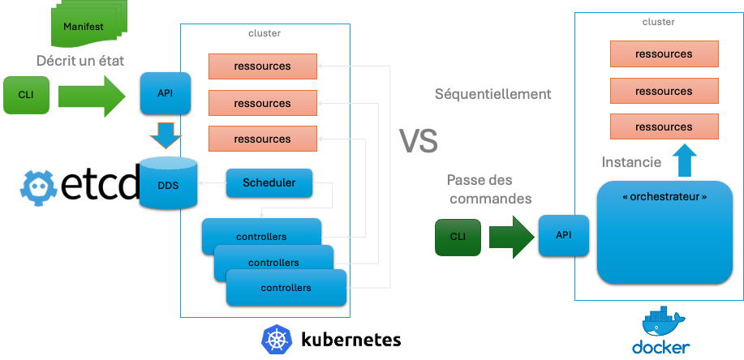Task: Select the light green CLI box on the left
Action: point(25,94)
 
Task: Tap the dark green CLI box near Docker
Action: point(458,238)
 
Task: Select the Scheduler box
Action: point(269,183)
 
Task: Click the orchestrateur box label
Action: point(664,197)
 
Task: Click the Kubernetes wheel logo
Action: point(277,339)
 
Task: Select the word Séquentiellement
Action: point(493,94)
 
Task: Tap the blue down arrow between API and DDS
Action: point(167,135)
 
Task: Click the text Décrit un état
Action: point(80,62)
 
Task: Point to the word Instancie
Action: point(630,163)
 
